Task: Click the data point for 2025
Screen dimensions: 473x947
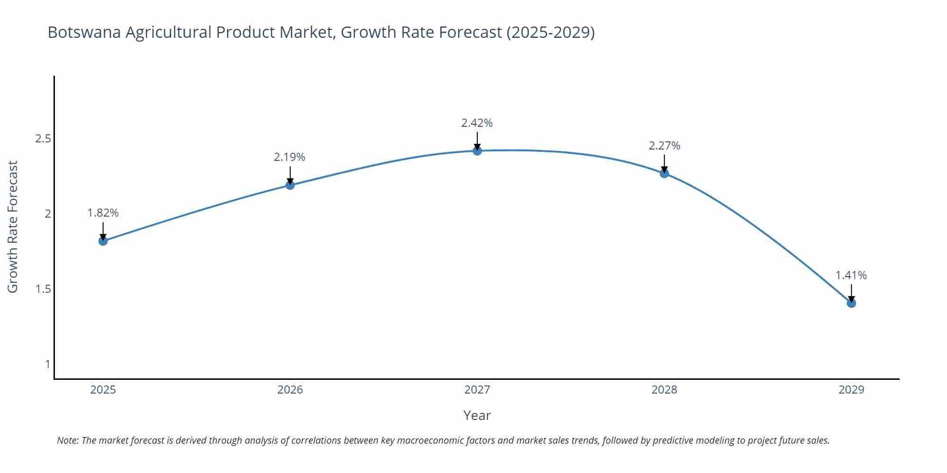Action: pyautogui.click(x=103, y=241)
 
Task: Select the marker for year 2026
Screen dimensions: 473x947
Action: pyautogui.click(x=290, y=185)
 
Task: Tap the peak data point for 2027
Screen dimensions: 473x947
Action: pyautogui.click(x=477, y=151)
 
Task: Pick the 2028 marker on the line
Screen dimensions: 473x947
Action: pyautogui.click(x=664, y=173)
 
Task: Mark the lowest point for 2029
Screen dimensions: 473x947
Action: pyautogui.click(x=851, y=303)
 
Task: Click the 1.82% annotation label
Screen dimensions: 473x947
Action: pyautogui.click(x=103, y=213)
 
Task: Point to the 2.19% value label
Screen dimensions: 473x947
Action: pyautogui.click(x=290, y=157)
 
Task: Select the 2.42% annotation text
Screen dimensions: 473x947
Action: pyautogui.click(x=477, y=123)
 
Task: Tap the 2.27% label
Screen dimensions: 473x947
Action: pyautogui.click(x=664, y=146)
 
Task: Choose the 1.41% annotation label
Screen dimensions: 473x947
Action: pyautogui.click(x=851, y=275)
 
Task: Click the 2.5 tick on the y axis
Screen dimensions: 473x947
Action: pyautogui.click(x=43, y=139)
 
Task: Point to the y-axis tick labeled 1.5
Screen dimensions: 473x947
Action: pyautogui.click(x=43, y=289)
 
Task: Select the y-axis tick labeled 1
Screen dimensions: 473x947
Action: pyautogui.click(x=47, y=364)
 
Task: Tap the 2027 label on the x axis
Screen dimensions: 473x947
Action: pyautogui.click(x=477, y=390)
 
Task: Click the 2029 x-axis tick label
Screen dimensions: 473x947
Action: pyautogui.click(x=851, y=390)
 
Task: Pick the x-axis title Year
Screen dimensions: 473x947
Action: pyautogui.click(x=477, y=415)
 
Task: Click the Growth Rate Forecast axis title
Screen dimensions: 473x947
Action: pyautogui.click(x=13, y=227)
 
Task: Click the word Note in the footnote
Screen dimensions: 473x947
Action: pyautogui.click(x=67, y=440)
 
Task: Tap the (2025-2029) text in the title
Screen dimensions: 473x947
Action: pyautogui.click(x=550, y=32)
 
